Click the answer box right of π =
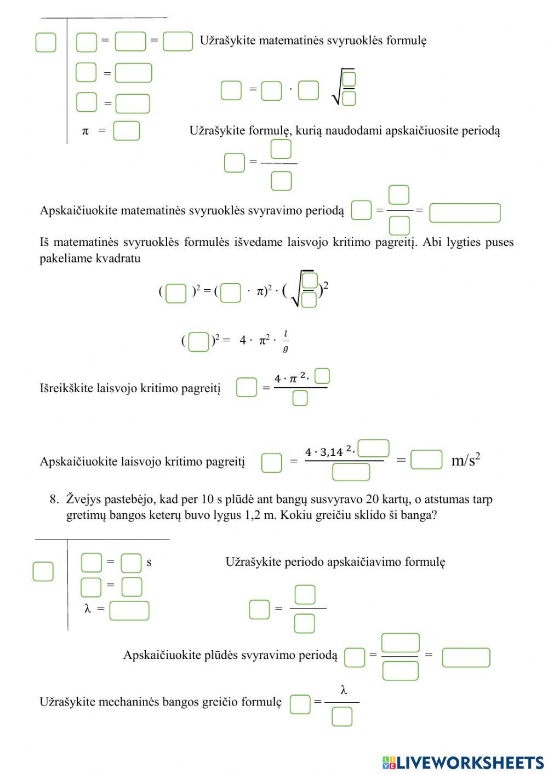click(x=127, y=131)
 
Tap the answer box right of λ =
click(x=129, y=610)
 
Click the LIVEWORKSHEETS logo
click(x=463, y=762)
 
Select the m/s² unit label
click(x=466, y=460)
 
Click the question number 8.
click(x=54, y=499)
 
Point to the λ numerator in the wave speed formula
click(x=344, y=691)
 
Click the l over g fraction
click(x=286, y=341)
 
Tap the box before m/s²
click(x=426, y=460)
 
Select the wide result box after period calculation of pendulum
click(x=465, y=213)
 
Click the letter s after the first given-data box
click(x=149, y=563)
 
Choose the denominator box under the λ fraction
click(x=342, y=716)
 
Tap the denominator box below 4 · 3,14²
click(x=351, y=472)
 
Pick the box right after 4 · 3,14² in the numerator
click(x=374, y=449)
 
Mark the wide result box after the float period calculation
click(x=466, y=657)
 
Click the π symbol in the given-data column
click(x=85, y=131)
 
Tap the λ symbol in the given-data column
click(x=88, y=609)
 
